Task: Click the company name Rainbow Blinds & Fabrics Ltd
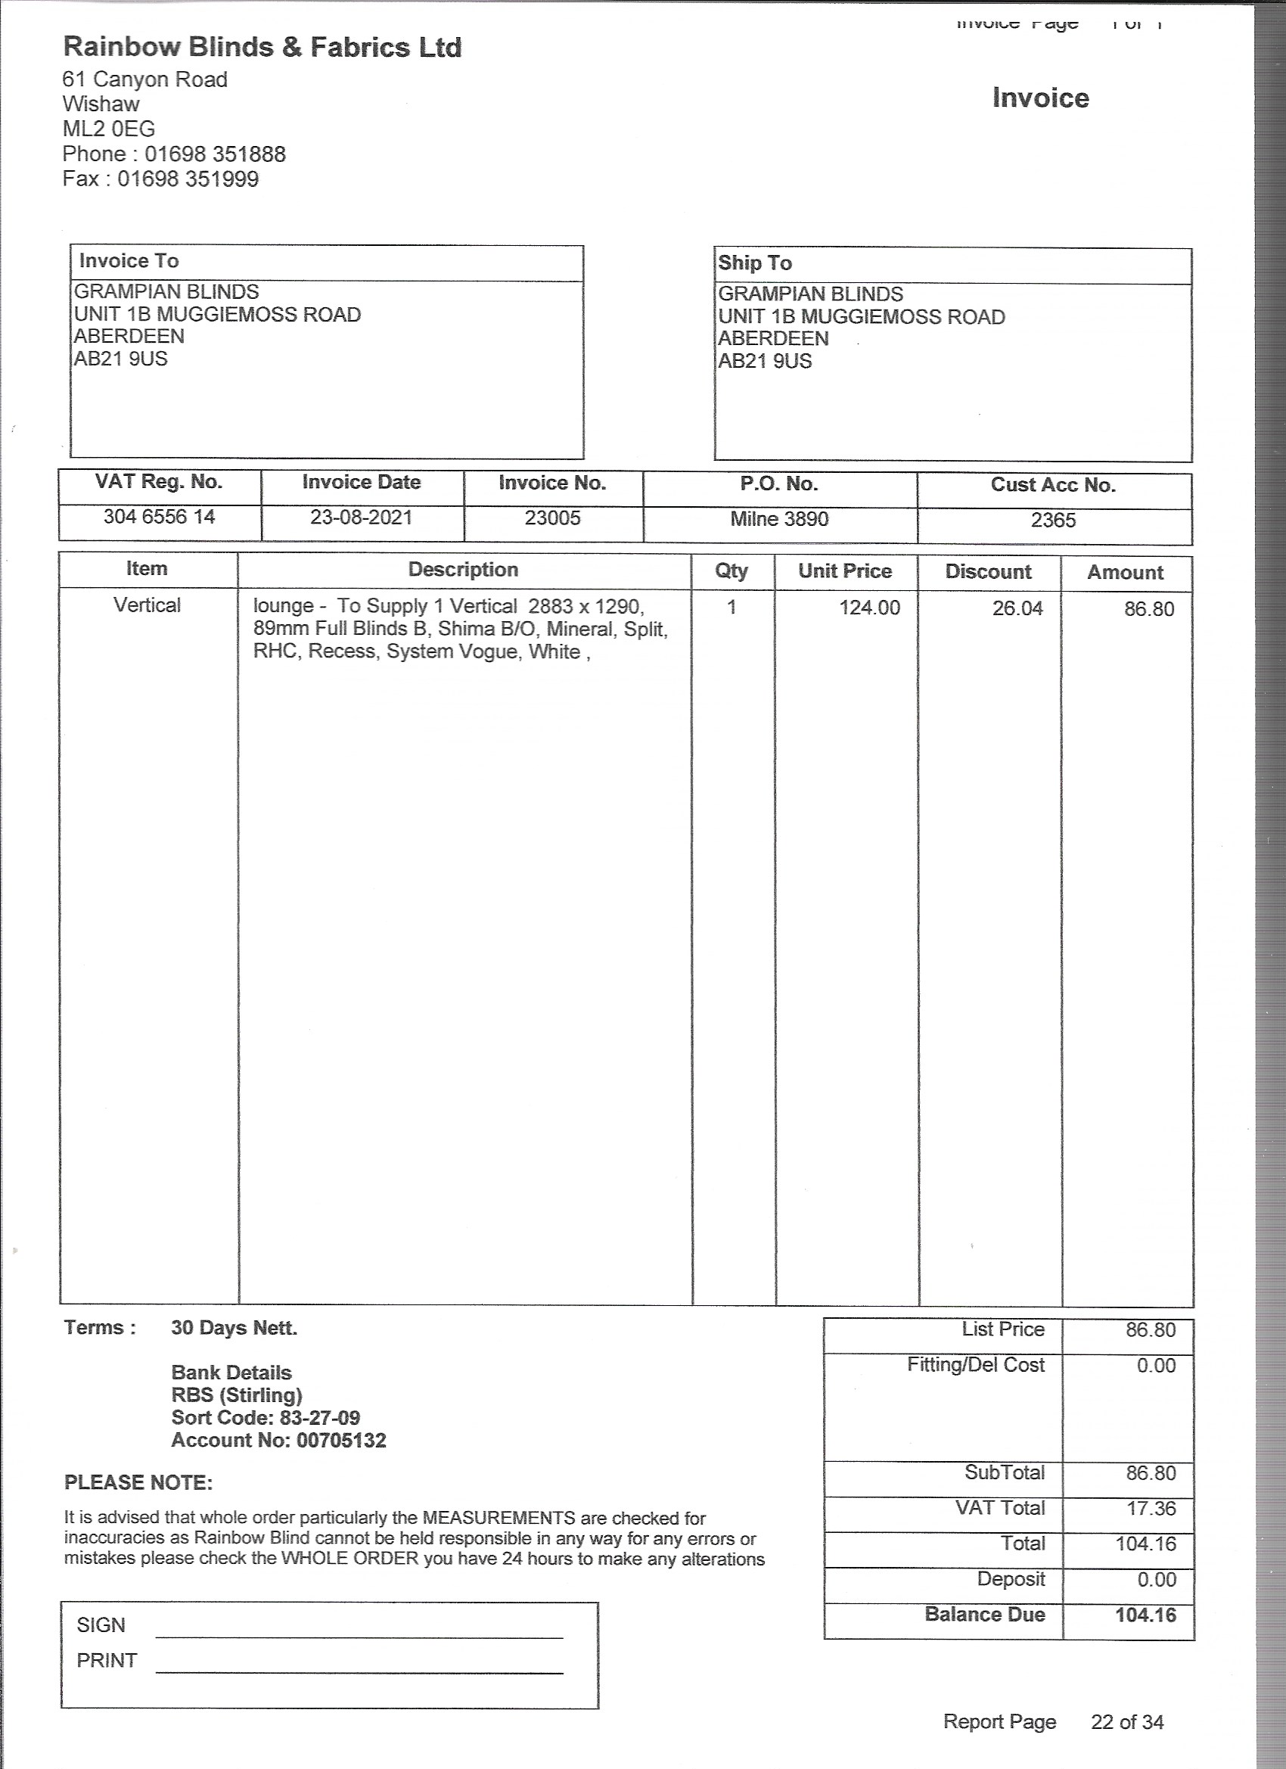pyautogui.click(x=262, y=48)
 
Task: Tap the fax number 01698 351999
pyautogui.click(x=188, y=179)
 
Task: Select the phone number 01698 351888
pyautogui.click(x=216, y=154)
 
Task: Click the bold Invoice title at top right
pyautogui.click(x=1040, y=98)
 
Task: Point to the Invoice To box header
pyautogui.click(x=129, y=261)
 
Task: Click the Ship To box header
pyautogui.click(x=755, y=263)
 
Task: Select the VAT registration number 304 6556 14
pyautogui.click(x=159, y=517)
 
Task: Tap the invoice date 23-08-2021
pyautogui.click(x=361, y=518)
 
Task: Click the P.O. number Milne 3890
pyautogui.click(x=779, y=520)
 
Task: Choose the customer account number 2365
pyautogui.click(x=1053, y=521)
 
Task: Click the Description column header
pyautogui.click(x=463, y=570)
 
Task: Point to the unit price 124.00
pyautogui.click(x=868, y=608)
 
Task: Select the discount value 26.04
pyautogui.click(x=1017, y=609)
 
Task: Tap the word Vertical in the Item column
pyautogui.click(x=147, y=605)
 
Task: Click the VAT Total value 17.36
pyautogui.click(x=1151, y=1509)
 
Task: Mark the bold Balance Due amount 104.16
pyautogui.click(x=1145, y=1615)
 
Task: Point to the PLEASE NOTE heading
pyautogui.click(x=138, y=1483)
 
